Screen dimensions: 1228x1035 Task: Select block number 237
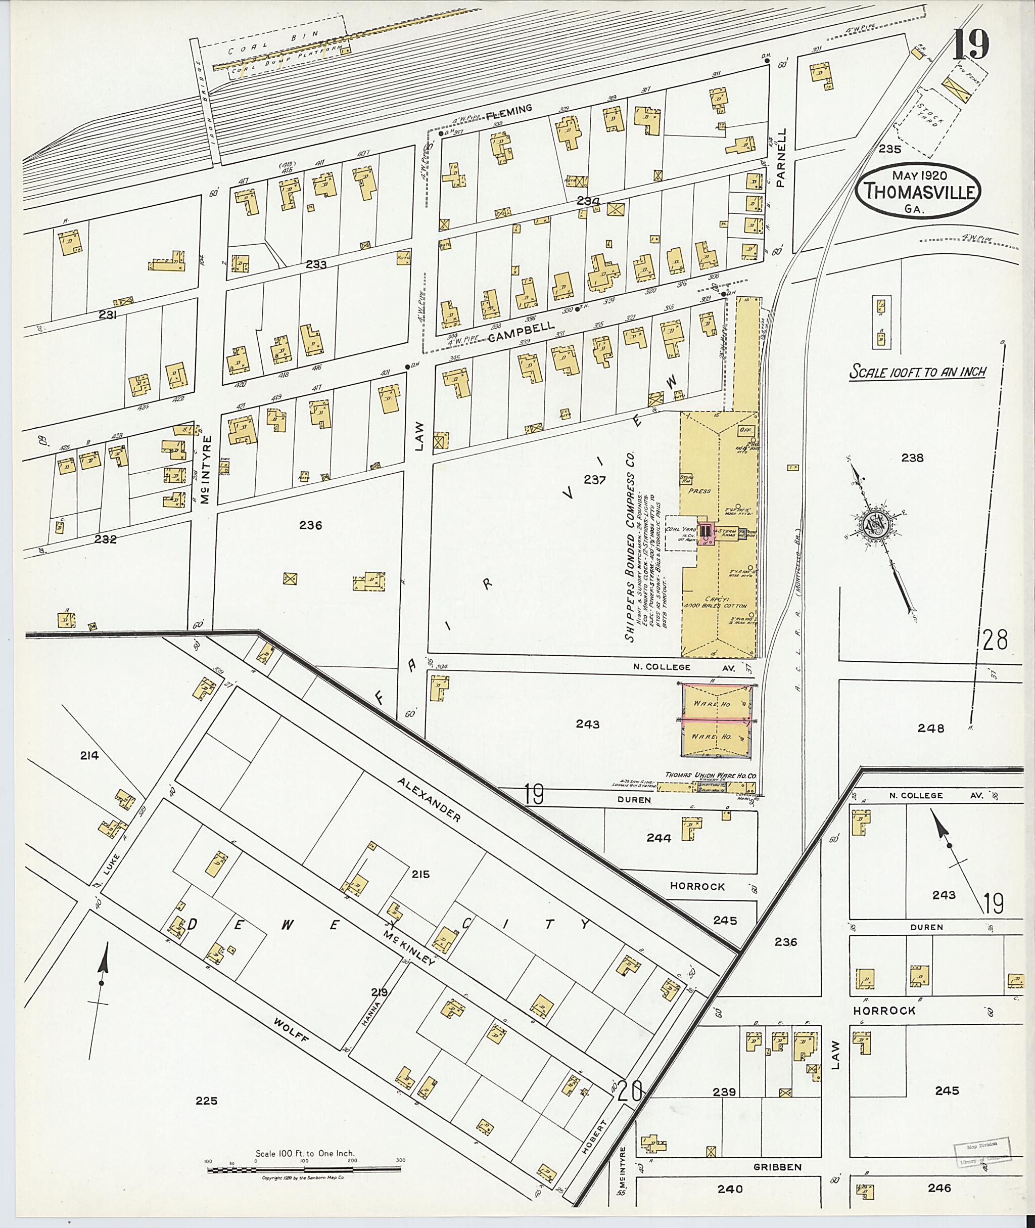pos(594,480)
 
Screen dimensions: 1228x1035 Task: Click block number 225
pos(207,1101)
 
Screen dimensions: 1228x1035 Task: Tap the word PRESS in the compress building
pos(699,491)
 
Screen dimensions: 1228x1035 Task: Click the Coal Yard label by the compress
pos(677,529)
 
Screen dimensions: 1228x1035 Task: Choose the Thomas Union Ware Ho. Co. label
pos(710,776)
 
